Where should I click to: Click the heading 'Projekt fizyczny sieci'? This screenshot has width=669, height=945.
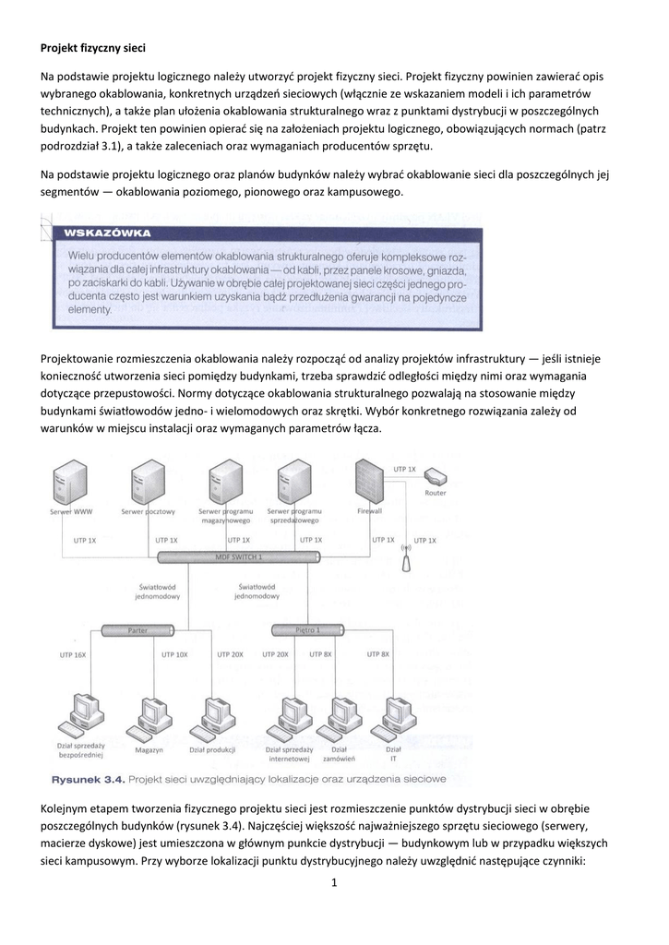(x=94, y=46)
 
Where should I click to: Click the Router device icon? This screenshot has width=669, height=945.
(x=435, y=479)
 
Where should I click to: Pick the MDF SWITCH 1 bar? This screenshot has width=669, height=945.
(x=238, y=557)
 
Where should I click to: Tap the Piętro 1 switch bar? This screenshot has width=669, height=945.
(x=308, y=630)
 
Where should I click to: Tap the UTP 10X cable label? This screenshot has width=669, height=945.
(x=174, y=654)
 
